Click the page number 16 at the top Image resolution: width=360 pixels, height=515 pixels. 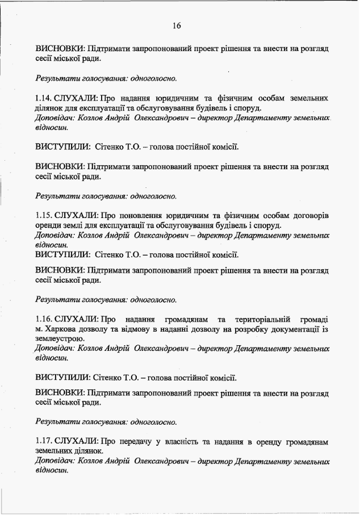click(x=176, y=25)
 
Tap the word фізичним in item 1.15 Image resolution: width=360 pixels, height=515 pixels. click(x=232, y=216)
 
